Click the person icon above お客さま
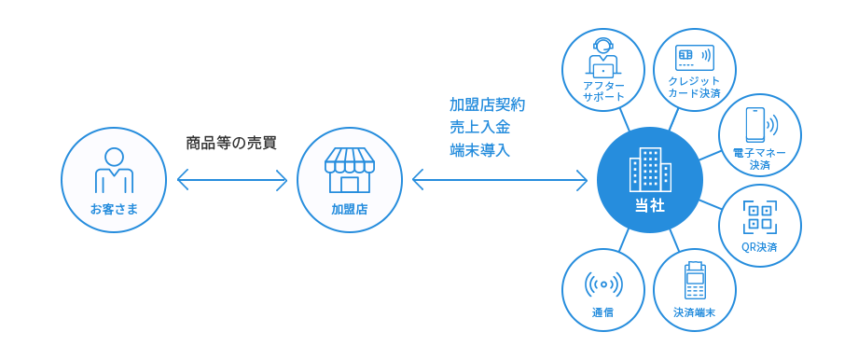coord(115,170)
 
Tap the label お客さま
coord(114,209)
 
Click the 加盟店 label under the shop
coord(350,209)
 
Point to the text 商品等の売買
coord(231,144)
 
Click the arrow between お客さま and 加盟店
coord(232,179)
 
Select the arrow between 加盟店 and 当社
coord(500,179)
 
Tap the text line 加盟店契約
coord(487,104)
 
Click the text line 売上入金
coord(480,128)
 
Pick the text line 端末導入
coord(480,150)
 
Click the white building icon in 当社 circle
coord(649,169)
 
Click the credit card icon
coord(695,57)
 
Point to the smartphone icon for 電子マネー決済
coord(759,125)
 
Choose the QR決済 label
coord(759,247)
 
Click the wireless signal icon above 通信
coord(603,284)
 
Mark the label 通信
coord(602,313)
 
